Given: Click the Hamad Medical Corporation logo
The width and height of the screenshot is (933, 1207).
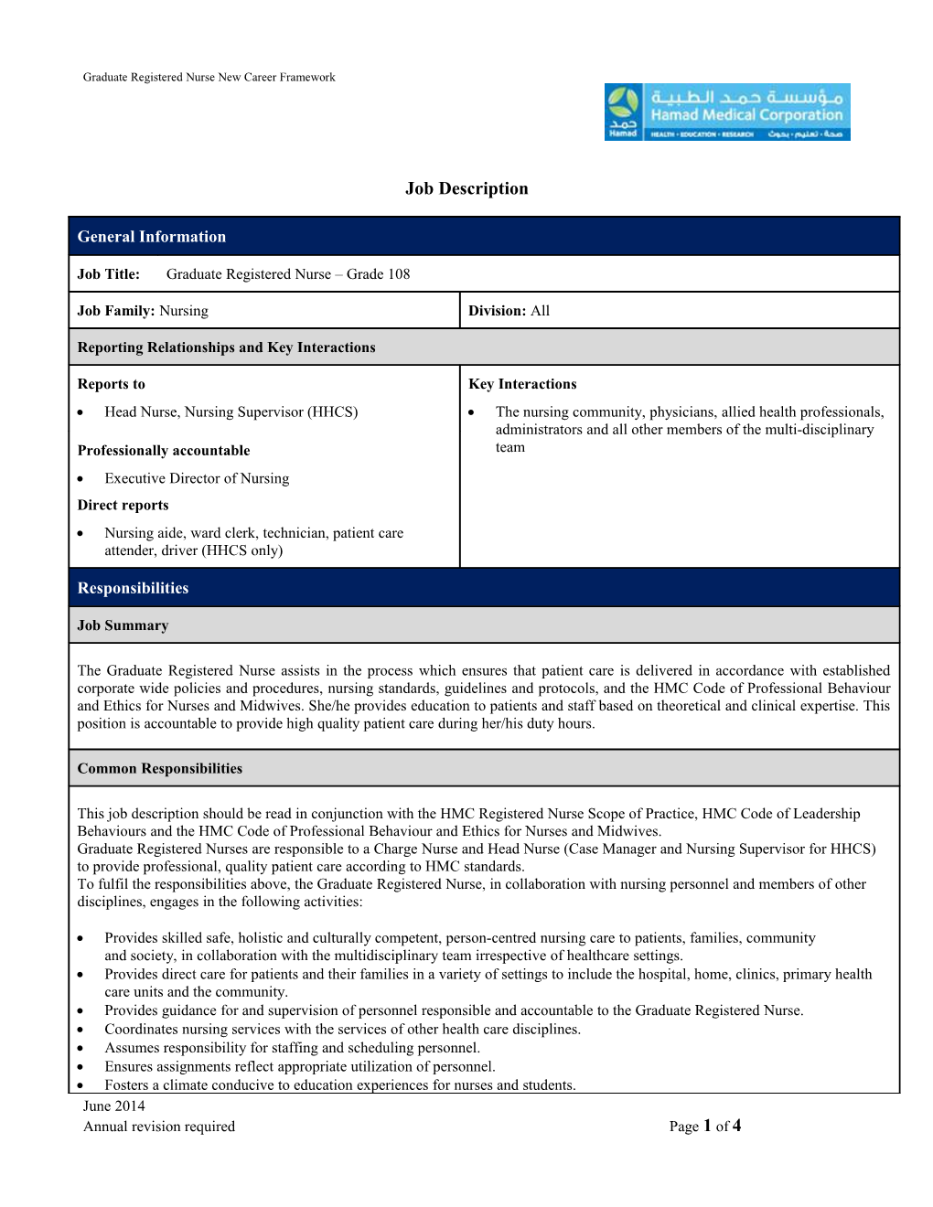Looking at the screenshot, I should click(727, 112).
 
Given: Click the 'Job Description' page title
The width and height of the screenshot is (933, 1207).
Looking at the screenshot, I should click(466, 188).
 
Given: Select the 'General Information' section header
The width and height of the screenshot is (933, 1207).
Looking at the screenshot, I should click(151, 237).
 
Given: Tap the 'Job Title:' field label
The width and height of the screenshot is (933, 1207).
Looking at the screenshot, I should click(109, 274).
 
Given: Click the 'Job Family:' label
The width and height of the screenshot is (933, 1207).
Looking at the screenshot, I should click(116, 311).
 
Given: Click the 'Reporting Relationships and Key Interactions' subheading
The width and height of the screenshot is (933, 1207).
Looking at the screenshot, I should click(226, 347).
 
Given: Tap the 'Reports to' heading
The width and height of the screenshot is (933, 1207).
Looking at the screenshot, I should click(111, 384).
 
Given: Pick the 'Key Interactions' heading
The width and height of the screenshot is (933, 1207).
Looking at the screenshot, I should click(522, 384).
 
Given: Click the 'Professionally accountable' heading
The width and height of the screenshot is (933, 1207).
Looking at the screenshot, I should click(163, 451).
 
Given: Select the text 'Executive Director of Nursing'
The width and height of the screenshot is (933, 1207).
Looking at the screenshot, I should click(197, 478).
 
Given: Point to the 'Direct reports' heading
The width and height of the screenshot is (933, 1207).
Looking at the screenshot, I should click(123, 505).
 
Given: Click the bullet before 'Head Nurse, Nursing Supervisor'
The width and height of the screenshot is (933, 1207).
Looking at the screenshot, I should click(81, 412).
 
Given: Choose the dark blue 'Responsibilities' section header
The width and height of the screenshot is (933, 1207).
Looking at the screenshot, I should click(133, 588).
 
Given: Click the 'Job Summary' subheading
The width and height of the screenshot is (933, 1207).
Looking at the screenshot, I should click(123, 625).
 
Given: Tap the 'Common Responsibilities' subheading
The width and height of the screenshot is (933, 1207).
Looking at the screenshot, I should click(159, 769).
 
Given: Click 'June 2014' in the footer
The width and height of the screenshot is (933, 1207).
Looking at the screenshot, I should click(113, 1106).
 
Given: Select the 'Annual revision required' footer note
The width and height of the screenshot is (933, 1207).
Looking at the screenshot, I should click(159, 1127).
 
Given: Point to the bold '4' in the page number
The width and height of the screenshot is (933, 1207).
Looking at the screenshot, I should click(736, 1126).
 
